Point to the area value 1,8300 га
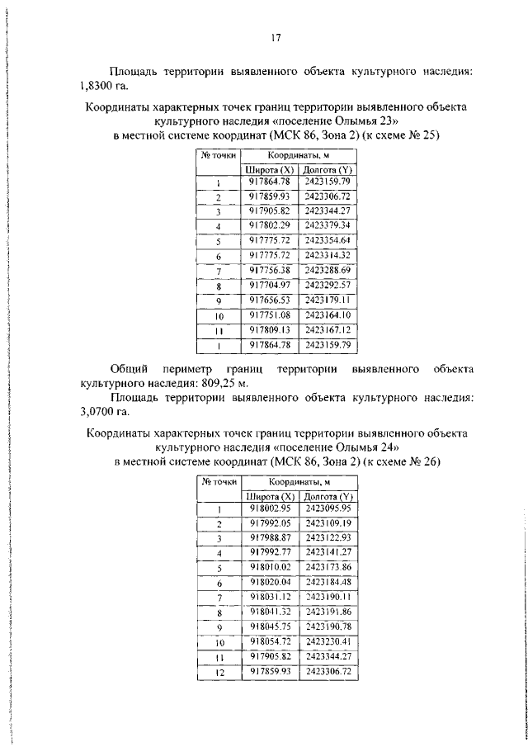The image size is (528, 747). point(105,85)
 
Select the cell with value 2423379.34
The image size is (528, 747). point(328,225)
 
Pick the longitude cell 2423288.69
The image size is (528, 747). point(328,270)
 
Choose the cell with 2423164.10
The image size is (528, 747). point(328,314)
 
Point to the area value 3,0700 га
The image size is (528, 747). point(105,412)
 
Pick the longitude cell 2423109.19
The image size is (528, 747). point(328,523)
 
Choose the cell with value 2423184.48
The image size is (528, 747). point(328,583)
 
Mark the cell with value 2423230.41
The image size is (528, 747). point(328,642)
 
